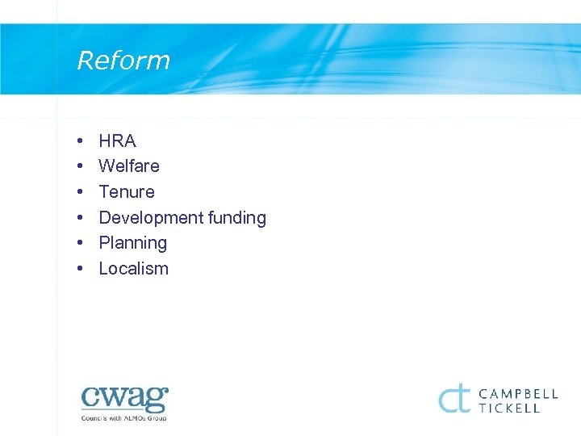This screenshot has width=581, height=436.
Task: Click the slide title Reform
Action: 123,61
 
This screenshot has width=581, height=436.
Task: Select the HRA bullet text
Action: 117,141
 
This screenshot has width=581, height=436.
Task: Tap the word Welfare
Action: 129,166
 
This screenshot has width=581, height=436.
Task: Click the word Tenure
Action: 127,192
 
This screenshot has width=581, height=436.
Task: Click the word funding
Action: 236,218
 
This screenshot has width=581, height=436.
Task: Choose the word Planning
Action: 133,243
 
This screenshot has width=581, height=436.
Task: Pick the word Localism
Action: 133,269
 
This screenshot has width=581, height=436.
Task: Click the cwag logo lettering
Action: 124,399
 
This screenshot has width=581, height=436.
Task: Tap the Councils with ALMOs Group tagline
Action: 123,418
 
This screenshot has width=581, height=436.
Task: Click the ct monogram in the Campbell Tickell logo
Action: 454,398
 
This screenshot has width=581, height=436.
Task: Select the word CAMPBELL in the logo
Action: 519,394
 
